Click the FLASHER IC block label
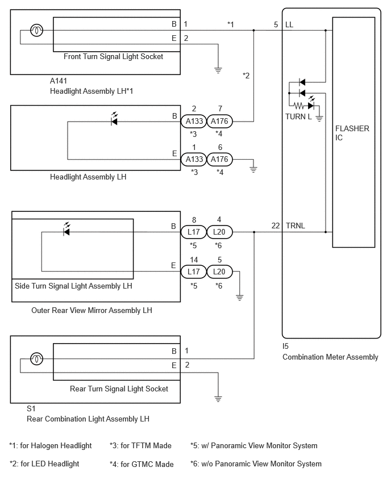pos(352,133)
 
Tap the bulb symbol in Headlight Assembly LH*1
pos(36,30)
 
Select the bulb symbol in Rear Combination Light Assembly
pos(36,358)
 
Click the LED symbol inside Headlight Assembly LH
pos(114,119)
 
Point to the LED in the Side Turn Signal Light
pos(66,230)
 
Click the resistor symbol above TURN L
pos(299,106)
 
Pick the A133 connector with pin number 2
pos(194,122)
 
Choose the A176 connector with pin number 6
pos(219,159)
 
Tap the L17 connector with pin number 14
pos(194,272)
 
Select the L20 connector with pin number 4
pos(219,232)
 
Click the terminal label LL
pos(289,24)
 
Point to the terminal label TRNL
pos(296,226)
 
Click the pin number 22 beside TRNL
pos(276,226)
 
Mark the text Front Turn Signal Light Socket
pos(113,56)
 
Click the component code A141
pos(59,81)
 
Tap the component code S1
pos(31,408)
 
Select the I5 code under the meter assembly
pos(285,346)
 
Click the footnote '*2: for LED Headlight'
pos(44,464)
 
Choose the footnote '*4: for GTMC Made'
pos(142,464)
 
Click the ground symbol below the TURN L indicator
pos(319,118)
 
